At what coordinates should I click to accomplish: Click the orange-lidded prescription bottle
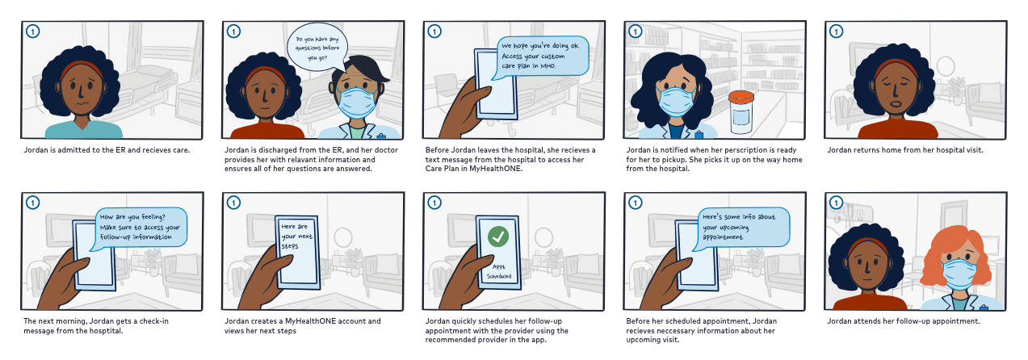[741, 112]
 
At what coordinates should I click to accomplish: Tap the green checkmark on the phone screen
[498, 237]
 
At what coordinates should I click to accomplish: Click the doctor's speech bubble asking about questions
[317, 48]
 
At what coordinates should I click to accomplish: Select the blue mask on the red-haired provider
[959, 274]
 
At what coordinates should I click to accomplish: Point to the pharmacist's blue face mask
[676, 100]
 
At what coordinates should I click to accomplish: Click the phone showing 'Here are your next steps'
[297, 252]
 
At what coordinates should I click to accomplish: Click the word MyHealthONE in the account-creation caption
[310, 321]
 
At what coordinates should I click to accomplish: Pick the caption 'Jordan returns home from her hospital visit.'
[905, 150]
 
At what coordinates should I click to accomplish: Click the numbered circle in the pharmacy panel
[636, 31]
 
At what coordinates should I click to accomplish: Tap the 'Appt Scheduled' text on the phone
[499, 271]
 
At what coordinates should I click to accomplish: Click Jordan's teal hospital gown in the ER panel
[83, 128]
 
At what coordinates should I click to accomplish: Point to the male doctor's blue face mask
[356, 103]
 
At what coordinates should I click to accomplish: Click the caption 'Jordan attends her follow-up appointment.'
[903, 321]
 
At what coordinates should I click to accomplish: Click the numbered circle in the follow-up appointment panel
[836, 203]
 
